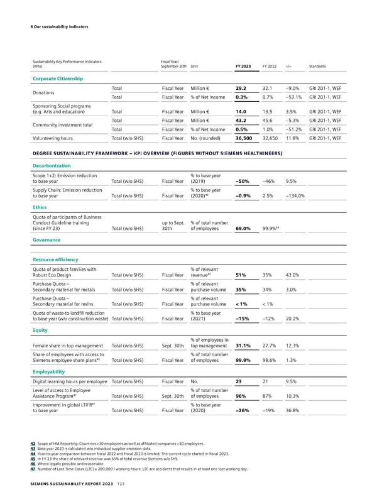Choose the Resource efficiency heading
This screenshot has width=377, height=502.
(51, 259)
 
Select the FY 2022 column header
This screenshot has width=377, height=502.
(269, 65)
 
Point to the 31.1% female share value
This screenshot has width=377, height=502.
(243, 345)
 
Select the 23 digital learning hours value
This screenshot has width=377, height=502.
(239, 381)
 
